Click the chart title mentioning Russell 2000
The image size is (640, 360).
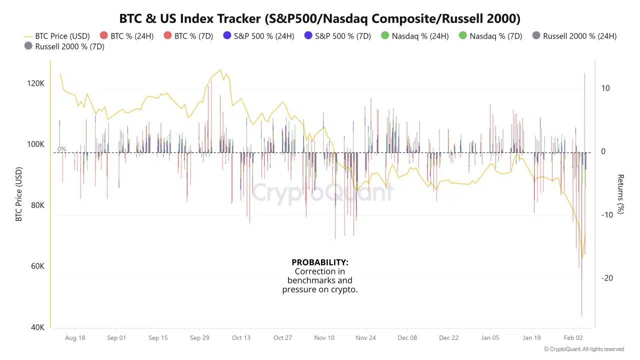[320, 19]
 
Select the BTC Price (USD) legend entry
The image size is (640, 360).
[57, 36]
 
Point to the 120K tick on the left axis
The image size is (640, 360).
[35, 83]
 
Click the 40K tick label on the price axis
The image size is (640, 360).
[37, 327]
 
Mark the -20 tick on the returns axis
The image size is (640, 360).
[607, 278]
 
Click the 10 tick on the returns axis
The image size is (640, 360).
[605, 88]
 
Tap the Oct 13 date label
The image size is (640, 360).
[241, 338]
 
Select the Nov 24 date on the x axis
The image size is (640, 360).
[365, 338]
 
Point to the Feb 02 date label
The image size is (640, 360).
[573, 338]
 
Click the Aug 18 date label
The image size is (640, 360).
[75, 338]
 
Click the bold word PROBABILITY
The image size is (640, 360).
[320, 262]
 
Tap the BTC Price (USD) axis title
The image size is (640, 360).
[19, 194]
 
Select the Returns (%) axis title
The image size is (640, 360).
[620, 194]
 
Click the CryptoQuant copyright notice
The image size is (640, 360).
[584, 349]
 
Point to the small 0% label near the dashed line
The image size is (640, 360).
[61, 149]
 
